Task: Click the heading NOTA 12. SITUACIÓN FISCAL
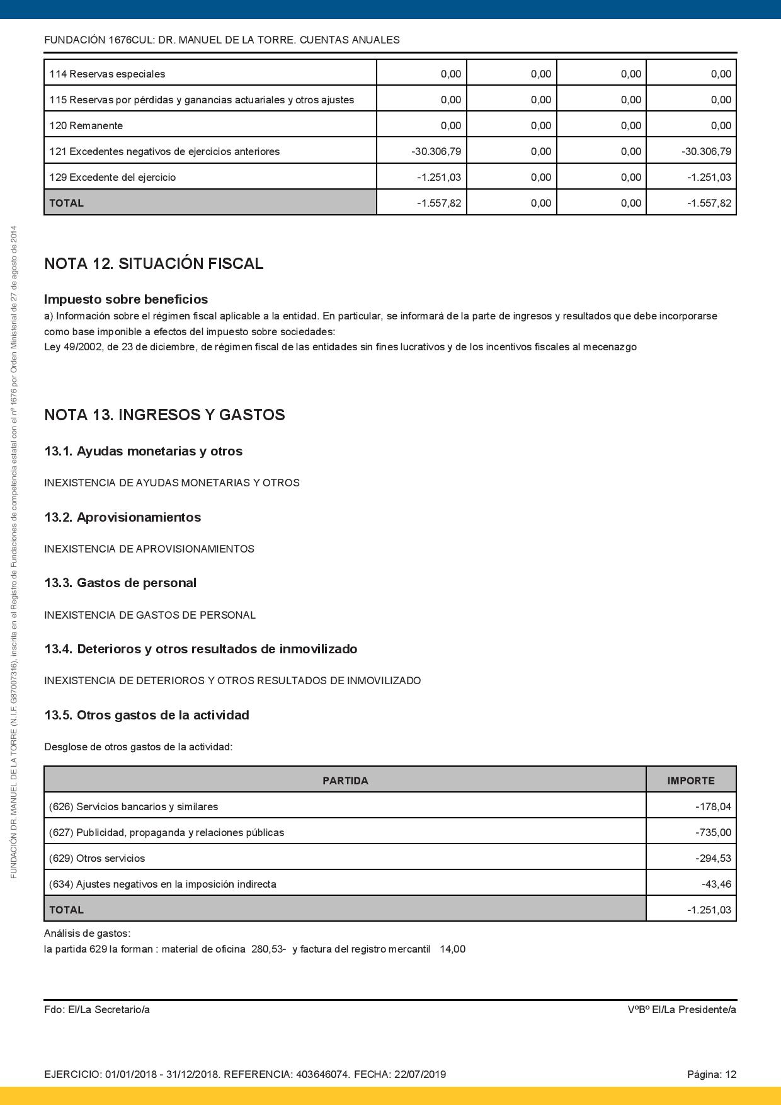pyautogui.click(x=154, y=263)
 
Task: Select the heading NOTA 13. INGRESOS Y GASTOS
pyautogui.click(x=164, y=415)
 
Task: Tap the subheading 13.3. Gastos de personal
pyautogui.click(x=120, y=583)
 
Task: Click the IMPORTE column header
pyautogui.click(x=690, y=781)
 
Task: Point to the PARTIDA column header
pyautogui.click(x=345, y=781)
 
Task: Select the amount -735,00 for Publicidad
pyautogui.click(x=713, y=832)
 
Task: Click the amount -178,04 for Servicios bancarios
pyautogui.click(x=713, y=806)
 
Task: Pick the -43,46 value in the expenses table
pyautogui.click(x=716, y=884)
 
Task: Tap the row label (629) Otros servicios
pyautogui.click(x=97, y=858)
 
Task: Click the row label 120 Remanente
pyautogui.click(x=86, y=125)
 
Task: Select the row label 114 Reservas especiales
pyautogui.click(x=107, y=74)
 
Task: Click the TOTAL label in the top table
pyautogui.click(x=66, y=203)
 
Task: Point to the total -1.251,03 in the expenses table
pyautogui.click(x=709, y=910)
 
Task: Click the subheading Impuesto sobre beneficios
pyautogui.click(x=126, y=299)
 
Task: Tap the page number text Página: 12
pyautogui.click(x=711, y=1074)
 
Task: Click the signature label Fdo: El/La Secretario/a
pyautogui.click(x=97, y=1009)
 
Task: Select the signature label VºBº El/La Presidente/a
pyautogui.click(x=681, y=1009)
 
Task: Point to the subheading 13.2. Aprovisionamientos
pyautogui.click(x=122, y=517)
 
